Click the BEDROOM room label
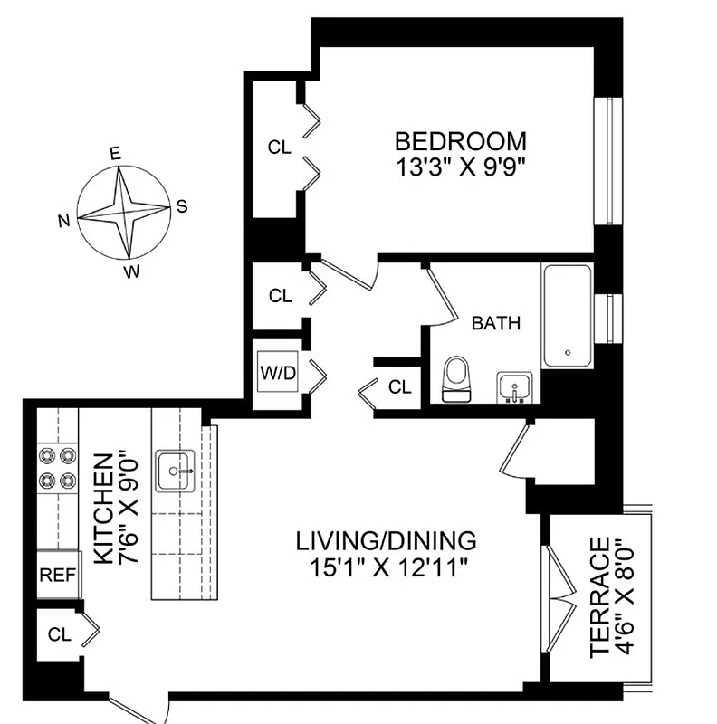(x=461, y=142)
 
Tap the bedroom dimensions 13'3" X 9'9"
(x=461, y=169)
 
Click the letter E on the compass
(x=115, y=154)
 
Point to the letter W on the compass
(x=132, y=271)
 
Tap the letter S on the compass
(x=181, y=206)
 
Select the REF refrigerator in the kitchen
(x=58, y=574)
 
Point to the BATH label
(x=496, y=323)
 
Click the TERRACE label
(x=597, y=597)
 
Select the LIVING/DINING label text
(x=386, y=541)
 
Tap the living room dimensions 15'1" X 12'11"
(x=386, y=567)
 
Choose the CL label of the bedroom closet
(x=280, y=147)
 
